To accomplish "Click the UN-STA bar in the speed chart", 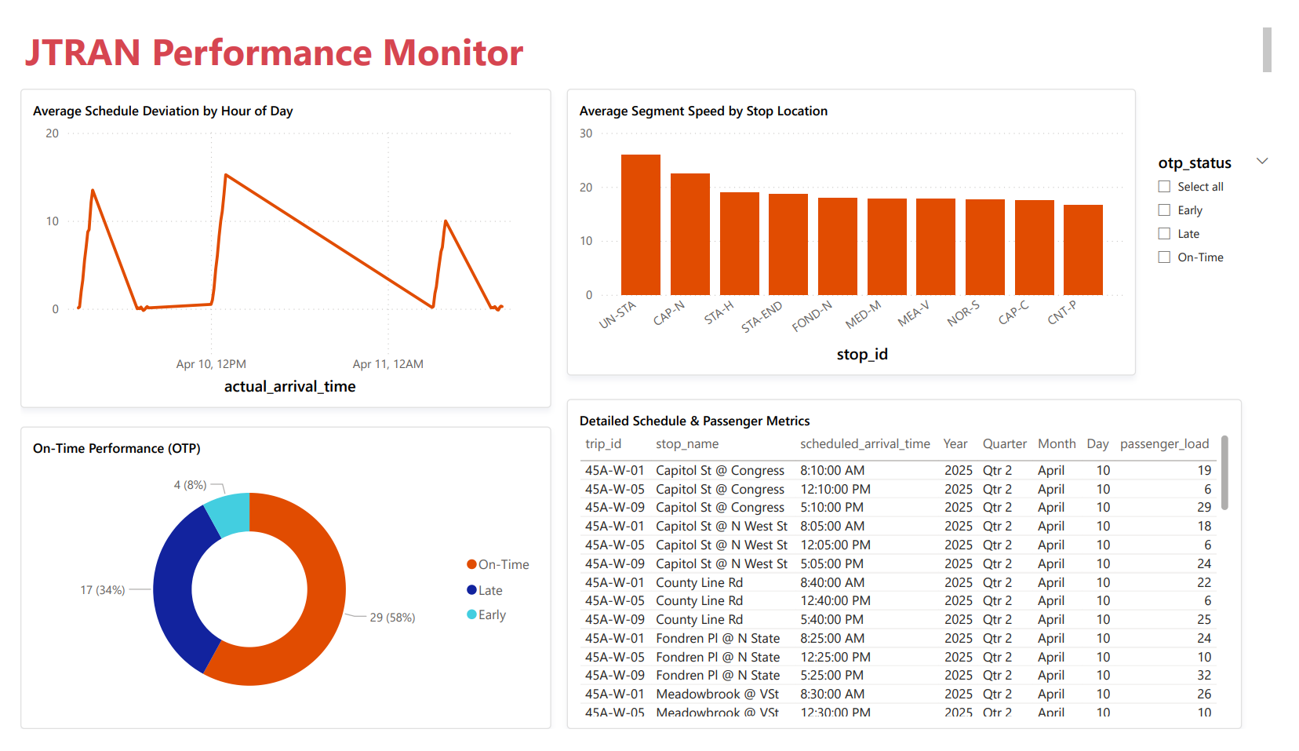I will [x=640, y=225].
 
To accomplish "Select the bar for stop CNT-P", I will [x=1082, y=250].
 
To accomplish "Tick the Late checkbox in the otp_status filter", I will [x=1164, y=234].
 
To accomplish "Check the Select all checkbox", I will [x=1164, y=187].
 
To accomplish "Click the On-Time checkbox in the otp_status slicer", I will [x=1164, y=257].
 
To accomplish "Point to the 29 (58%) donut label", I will [x=392, y=618].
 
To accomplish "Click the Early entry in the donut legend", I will [x=492, y=615].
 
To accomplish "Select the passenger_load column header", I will [x=1164, y=444].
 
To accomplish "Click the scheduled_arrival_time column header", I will [x=864, y=444].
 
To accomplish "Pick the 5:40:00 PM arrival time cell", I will [x=831, y=620].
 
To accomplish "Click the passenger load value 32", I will [x=1204, y=676].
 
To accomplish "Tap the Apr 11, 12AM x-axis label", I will [x=388, y=364].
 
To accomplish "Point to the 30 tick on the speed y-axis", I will [x=586, y=133].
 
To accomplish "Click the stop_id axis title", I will [x=862, y=355].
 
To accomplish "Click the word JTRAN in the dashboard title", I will [x=83, y=53].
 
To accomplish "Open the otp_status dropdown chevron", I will [x=1262, y=162].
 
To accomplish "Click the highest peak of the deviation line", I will [x=226, y=175].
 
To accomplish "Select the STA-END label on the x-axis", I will [x=762, y=316].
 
